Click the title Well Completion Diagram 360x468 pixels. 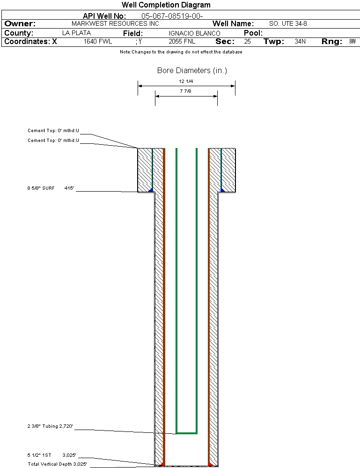(x=166, y=5)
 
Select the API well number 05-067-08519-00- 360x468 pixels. (x=172, y=16)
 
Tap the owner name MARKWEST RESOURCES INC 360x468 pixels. (x=115, y=23)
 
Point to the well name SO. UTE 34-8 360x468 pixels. (x=288, y=23)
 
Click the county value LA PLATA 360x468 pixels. (x=77, y=33)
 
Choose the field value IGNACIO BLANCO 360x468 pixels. (x=194, y=33)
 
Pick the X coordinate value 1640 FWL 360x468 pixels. (x=98, y=42)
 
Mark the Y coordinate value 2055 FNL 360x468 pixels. (x=182, y=42)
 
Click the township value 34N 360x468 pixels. (x=300, y=42)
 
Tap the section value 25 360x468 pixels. (x=247, y=42)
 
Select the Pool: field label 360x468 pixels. (x=253, y=33)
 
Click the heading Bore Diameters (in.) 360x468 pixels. (x=192, y=70)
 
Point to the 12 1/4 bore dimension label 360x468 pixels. (x=186, y=81)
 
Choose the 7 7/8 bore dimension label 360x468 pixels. (x=185, y=91)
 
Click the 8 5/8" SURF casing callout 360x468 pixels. (x=41, y=188)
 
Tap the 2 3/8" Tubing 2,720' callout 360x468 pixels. (x=50, y=426)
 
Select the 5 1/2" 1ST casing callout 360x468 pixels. (x=39, y=455)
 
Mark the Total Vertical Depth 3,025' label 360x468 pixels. (x=57, y=464)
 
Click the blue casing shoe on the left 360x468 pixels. (x=151, y=190)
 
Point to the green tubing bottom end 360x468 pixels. (x=187, y=433)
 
